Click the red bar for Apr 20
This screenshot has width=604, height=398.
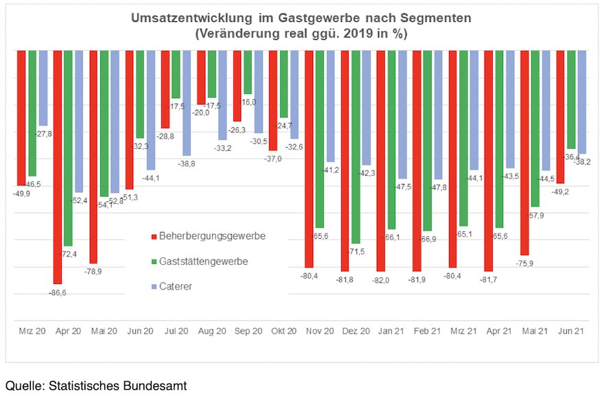58,167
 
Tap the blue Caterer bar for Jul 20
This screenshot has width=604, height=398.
187,103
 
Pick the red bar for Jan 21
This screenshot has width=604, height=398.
380,161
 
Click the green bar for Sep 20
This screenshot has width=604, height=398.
248,72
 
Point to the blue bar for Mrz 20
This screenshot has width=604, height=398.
43,88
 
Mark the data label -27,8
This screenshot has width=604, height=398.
43,132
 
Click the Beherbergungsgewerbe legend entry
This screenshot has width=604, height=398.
211,237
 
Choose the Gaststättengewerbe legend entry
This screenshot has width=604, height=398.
203,261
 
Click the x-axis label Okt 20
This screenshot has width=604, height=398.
283,331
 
